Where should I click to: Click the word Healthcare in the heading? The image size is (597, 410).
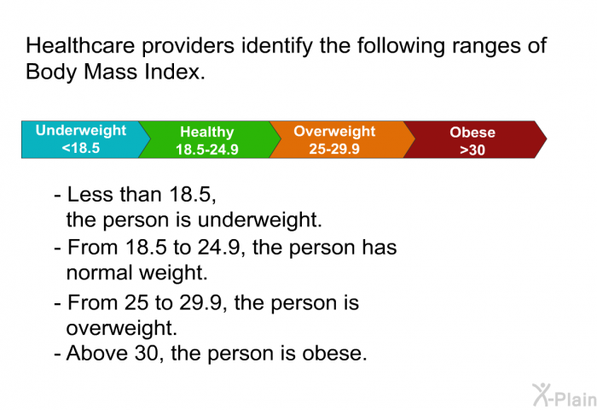(80, 45)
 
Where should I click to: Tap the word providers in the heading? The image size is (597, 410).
(188, 46)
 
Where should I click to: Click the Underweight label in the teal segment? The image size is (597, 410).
(81, 131)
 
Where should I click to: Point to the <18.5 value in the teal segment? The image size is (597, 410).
(81, 148)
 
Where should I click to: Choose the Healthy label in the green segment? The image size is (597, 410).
(206, 132)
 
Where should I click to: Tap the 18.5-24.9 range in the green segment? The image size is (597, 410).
(206, 149)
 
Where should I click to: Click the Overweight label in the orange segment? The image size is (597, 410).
(334, 132)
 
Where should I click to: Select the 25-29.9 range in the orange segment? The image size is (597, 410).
(334, 149)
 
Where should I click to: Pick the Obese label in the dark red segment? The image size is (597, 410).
(472, 132)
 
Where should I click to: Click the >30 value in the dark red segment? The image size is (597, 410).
(472, 149)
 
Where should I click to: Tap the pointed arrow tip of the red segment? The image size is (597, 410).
(547, 139)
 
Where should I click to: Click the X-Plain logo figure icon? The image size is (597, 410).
(542, 395)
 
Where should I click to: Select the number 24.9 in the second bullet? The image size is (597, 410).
(218, 247)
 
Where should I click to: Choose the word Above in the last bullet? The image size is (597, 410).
(97, 353)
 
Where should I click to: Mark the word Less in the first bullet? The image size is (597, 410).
(90, 194)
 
